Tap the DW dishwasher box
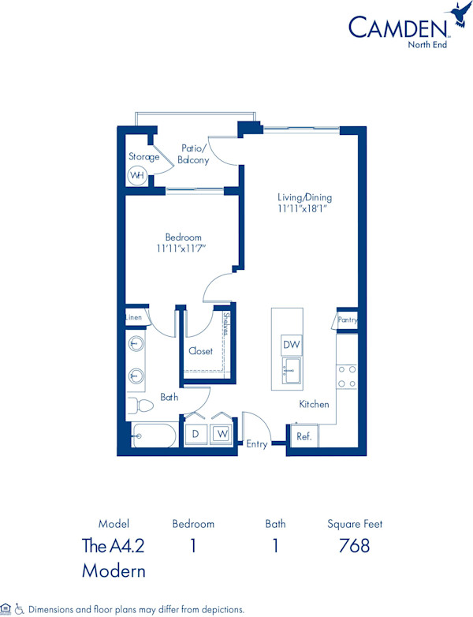point(291,345)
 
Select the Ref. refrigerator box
point(302,436)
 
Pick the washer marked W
point(222,434)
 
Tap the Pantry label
point(348,320)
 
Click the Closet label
point(200,351)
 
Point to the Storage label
point(144,156)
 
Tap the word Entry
point(257,444)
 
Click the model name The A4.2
point(114,545)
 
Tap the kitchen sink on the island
point(291,368)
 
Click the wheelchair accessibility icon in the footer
point(20,609)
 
